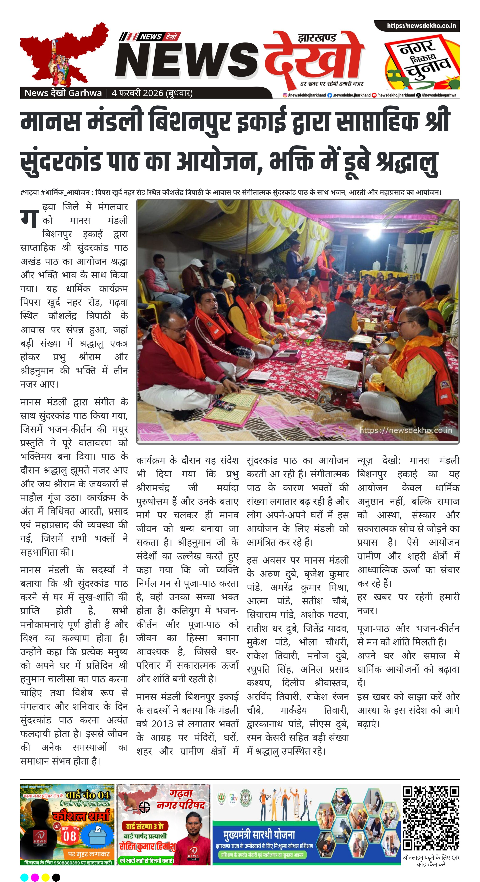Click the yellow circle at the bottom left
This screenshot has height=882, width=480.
[45, 877]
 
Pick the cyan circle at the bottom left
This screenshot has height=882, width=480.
[24, 877]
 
